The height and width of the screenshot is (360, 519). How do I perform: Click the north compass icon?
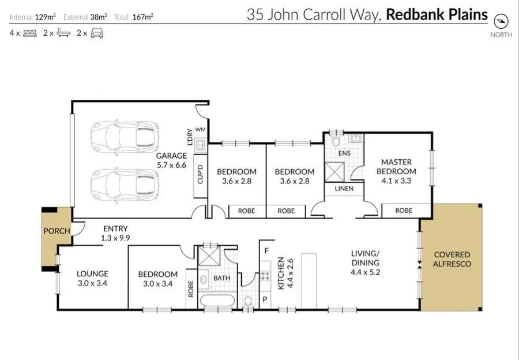[501, 21]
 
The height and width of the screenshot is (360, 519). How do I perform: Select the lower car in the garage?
[124, 185]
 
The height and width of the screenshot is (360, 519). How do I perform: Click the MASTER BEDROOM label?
[396, 167]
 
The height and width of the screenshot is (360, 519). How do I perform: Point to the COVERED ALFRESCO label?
[452, 259]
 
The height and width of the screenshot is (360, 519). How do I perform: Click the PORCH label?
[57, 231]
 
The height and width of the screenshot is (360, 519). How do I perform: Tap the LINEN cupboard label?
[344, 189]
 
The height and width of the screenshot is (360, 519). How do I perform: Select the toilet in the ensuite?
[337, 140]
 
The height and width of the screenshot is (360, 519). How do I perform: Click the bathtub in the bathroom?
[217, 301]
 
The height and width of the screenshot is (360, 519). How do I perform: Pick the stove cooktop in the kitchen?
[265, 275]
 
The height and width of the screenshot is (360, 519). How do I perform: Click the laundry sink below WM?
[201, 145]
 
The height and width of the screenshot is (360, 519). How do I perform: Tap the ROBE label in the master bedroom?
[404, 211]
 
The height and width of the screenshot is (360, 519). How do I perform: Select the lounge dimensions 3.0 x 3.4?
[93, 283]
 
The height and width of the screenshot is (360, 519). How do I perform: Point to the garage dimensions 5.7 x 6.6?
[172, 165]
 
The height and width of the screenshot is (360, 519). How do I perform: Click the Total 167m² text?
[133, 17]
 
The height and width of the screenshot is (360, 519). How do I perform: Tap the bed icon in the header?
[30, 33]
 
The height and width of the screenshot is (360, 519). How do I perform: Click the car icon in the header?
[97, 33]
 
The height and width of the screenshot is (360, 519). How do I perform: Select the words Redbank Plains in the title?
[437, 14]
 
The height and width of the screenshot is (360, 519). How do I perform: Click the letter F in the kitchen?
[266, 250]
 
